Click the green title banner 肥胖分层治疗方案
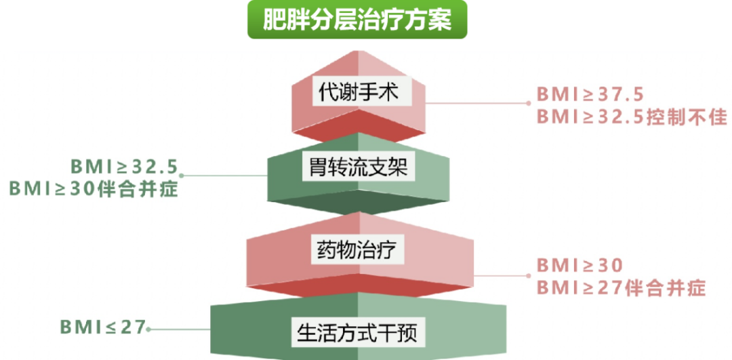357,20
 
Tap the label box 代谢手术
359,91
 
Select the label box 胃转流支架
359,167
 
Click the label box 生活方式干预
359,332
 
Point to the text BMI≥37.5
590,94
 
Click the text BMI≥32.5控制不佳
632,116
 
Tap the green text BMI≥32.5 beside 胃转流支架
125,166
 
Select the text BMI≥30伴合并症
94,189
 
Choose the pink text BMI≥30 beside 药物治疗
579,265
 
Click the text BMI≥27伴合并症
621,287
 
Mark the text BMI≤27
103,327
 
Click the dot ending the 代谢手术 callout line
529,104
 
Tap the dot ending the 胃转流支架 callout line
182,176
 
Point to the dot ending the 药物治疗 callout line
529,275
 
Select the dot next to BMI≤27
149,329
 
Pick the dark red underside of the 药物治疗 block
359,285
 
